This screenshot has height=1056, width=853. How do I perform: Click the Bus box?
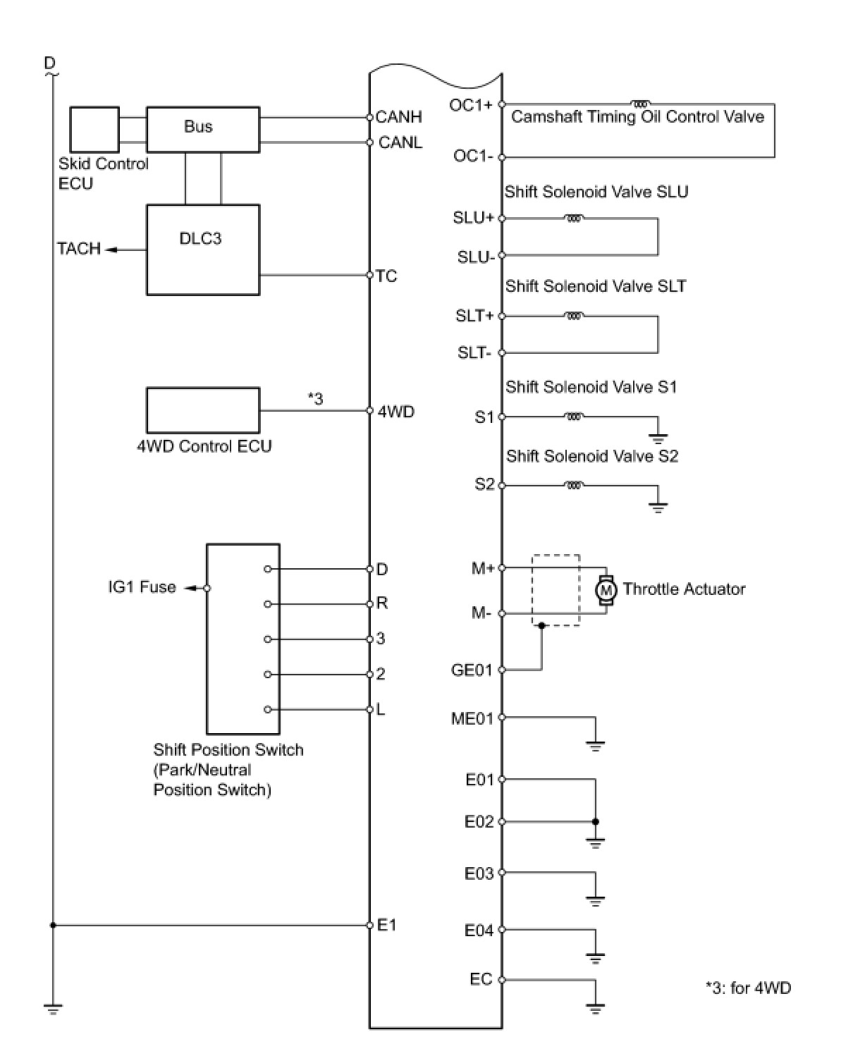[202, 129]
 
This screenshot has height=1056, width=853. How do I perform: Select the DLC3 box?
[202, 250]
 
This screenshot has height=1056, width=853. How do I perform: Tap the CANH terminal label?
[398, 117]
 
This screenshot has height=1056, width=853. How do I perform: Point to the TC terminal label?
[386, 276]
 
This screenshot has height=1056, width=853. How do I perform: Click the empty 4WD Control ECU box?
[202, 410]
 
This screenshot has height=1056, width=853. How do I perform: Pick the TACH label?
[79, 249]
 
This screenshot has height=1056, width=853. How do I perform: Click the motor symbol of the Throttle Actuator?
[606, 590]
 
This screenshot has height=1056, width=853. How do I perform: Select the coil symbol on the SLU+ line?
[574, 219]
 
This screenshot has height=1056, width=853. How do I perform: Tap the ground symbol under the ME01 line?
[596, 745]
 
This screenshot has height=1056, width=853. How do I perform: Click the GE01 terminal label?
[472, 670]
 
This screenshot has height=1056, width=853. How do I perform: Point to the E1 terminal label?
[387, 925]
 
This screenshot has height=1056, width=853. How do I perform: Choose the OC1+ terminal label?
[471, 105]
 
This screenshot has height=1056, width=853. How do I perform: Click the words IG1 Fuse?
[142, 587]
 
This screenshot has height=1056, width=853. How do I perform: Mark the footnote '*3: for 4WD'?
[748, 988]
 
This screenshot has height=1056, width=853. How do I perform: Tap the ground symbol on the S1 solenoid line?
[658, 438]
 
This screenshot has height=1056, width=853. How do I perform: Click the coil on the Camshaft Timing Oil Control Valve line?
[642, 103]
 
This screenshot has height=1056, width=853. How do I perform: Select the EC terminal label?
[481, 979]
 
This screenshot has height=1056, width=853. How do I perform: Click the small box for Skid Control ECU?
[94, 129]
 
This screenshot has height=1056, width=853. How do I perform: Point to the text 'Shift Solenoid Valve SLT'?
[595, 286]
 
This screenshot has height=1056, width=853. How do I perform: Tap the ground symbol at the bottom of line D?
[52, 1009]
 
